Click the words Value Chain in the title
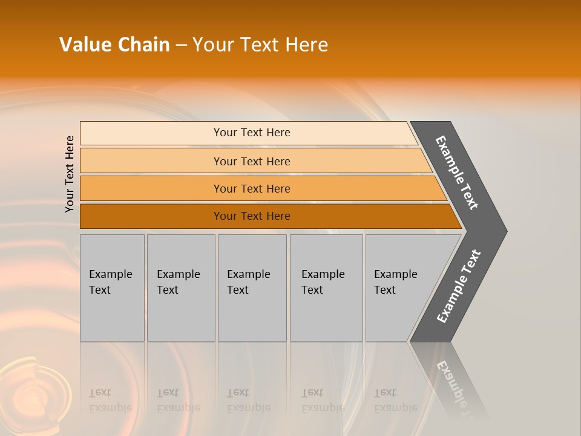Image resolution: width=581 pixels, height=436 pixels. [x=114, y=45]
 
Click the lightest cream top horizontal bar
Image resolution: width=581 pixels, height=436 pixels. [x=151, y=133]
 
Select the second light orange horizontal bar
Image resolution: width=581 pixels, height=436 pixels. [x=151, y=161]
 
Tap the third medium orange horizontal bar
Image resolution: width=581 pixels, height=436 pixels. [x=151, y=188]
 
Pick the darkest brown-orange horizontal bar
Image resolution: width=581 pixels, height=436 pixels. [x=151, y=216]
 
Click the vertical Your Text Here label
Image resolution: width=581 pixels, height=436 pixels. [x=70, y=174]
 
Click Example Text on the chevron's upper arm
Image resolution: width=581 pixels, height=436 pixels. [x=457, y=173]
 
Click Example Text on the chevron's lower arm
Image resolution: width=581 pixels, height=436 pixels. [x=459, y=286]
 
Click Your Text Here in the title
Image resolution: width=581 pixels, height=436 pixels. [x=260, y=45]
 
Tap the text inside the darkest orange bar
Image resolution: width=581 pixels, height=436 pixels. [x=252, y=216]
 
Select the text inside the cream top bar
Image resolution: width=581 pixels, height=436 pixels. [x=252, y=133]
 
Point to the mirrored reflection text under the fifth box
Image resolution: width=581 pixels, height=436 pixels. [x=395, y=400]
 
